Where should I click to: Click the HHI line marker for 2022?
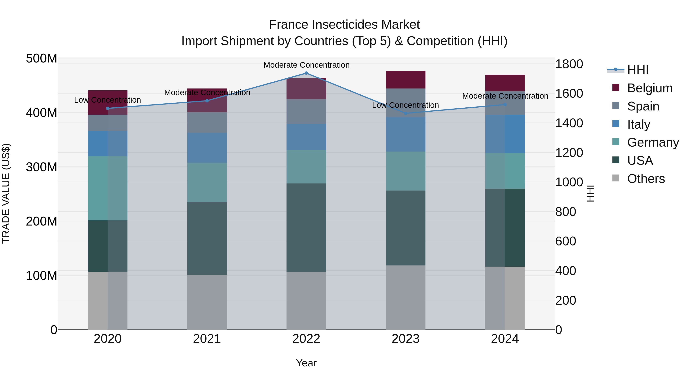(x=306, y=73)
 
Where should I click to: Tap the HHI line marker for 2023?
(x=406, y=113)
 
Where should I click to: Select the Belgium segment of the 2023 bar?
(x=406, y=80)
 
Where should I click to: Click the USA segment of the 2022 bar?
(x=306, y=228)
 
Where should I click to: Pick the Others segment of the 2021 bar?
(x=207, y=302)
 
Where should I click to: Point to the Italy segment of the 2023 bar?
(x=406, y=134)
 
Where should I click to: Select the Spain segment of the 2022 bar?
(x=306, y=112)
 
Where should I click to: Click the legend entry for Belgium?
(x=649, y=88)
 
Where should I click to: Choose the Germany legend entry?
(x=653, y=142)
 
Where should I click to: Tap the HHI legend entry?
(x=638, y=70)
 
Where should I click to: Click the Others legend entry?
(x=646, y=179)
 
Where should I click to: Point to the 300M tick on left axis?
(x=42, y=167)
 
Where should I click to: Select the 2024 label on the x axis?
(x=505, y=339)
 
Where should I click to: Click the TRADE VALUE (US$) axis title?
(x=6, y=193)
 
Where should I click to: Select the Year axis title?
(x=306, y=363)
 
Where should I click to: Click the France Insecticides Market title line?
(x=344, y=25)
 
